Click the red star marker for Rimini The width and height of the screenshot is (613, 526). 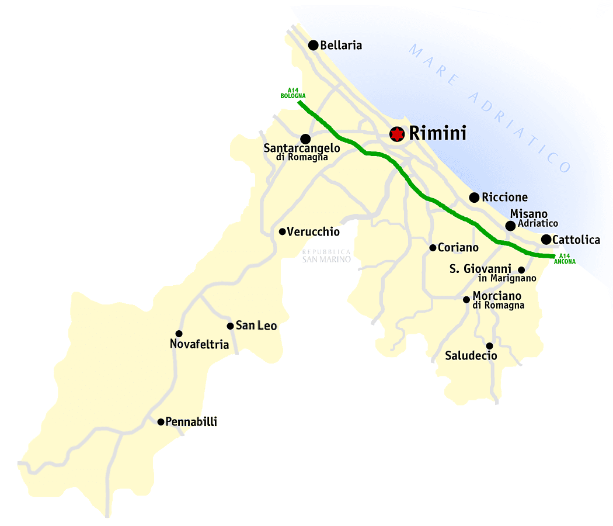pyautogui.click(x=397, y=134)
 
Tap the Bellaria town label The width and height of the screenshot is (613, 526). pyautogui.click(x=341, y=45)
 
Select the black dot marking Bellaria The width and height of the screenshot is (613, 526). pyautogui.click(x=314, y=45)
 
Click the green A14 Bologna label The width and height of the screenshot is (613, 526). pyautogui.click(x=293, y=92)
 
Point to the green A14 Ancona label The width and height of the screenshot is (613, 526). pyautogui.click(x=565, y=259)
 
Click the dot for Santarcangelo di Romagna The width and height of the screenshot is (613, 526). pyautogui.click(x=305, y=139)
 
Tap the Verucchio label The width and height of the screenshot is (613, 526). pyautogui.click(x=313, y=232)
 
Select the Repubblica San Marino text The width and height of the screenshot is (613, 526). pyautogui.click(x=326, y=255)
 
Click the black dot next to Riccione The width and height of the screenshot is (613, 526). pyautogui.click(x=474, y=198)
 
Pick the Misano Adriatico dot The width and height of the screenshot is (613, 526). pyautogui.click(x=510, y=226)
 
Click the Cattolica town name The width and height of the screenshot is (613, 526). pyautogui.click(x=576, y=240)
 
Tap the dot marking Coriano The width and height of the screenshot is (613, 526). pyautogui.click(x=433, y=248)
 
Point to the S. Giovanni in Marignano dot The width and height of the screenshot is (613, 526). pyautogui.click(x=521, y=270)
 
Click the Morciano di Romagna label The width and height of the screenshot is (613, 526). pyautogui.click(x=497, y=300)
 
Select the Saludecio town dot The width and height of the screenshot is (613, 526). pyautogui.click(x=489, y=346)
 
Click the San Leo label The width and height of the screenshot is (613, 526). pyautogui.click(x=256, y=326)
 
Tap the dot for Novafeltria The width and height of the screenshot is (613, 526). pyautogui.click(x=179, y=334)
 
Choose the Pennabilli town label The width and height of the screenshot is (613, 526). pyautogui.click(x=191, y=421)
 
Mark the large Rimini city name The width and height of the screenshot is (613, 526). pyautogui.click(x=437, y=133)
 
